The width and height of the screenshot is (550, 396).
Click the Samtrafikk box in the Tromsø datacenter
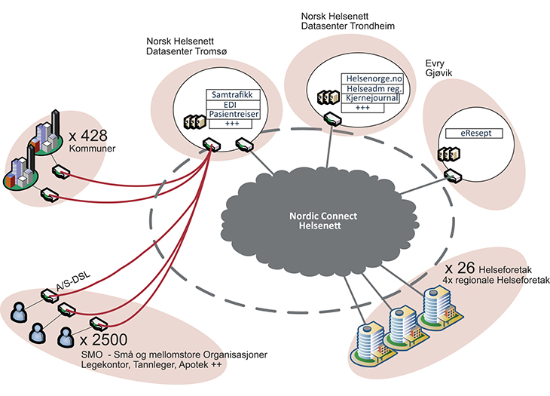[233, 96]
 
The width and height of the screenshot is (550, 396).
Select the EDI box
[233, 105]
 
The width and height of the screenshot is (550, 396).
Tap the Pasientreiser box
[233, 114]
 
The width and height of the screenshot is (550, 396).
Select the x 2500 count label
[103, 339]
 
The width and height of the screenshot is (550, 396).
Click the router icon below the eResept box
[454, 176]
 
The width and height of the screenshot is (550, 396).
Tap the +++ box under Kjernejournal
[363, 108]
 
